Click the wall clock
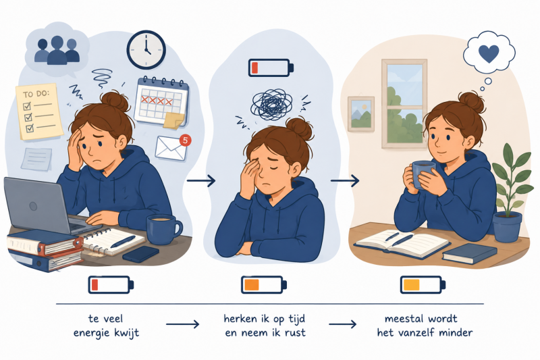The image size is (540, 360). coord(146,49)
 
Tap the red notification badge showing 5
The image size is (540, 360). coord(185,140)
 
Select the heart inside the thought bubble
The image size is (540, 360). coord(489,54)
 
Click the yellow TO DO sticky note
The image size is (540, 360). coord(39,111)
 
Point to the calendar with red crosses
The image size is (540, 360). coord(161,101)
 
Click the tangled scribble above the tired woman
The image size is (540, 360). coord(272,104)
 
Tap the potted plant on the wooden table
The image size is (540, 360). coord(510,194)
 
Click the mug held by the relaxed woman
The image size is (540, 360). coord(424,175)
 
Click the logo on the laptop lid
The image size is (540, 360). coord(33,206)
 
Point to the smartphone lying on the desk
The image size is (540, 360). coord(141,254)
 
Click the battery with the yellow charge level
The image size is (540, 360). coord(423,285)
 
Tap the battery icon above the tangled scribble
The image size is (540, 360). coord(271,68)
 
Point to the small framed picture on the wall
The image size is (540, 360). coord(361,114)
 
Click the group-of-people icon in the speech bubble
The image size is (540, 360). coord(57,50)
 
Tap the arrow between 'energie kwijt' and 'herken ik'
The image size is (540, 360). coord(182,324)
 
